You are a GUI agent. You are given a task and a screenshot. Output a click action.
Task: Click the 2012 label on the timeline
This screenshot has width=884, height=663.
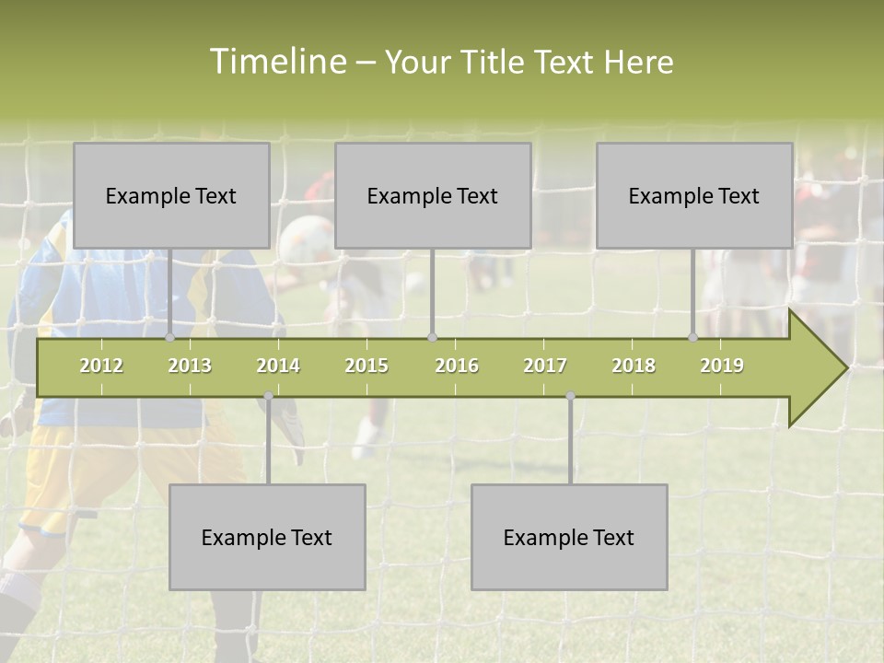coord(101,366)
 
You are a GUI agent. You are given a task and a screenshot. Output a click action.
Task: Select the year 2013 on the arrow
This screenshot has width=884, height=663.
coord(190,366)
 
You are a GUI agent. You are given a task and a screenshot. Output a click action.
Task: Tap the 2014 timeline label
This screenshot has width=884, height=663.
coord(278,366)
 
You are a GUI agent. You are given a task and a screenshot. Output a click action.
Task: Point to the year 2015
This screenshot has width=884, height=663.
coord(366,366)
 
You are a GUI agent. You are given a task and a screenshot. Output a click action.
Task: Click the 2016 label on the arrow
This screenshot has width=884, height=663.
coord(457,366)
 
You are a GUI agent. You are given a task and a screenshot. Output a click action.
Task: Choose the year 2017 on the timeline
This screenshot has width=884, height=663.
coord(545,366)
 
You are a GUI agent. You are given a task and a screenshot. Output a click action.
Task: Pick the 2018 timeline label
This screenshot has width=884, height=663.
coord(634,366)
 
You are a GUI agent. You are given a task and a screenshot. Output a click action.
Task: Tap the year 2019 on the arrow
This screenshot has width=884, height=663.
coord(722,366)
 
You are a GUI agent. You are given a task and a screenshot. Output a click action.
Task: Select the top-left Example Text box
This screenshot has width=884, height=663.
coord(171,195)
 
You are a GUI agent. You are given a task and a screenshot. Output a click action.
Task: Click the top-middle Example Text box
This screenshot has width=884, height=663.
coord(433,195)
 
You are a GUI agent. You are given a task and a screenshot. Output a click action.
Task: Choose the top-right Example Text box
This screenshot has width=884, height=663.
coord(694,195)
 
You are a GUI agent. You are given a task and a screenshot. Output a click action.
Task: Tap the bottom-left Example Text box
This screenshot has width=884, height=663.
coord(267,537)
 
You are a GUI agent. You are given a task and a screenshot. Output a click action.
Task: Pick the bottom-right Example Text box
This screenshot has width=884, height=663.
coord(569,537)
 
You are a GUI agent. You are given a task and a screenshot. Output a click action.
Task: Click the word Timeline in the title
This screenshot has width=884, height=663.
coord(277,62)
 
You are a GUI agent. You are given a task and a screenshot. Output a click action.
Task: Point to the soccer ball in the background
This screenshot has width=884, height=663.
coord(306,241)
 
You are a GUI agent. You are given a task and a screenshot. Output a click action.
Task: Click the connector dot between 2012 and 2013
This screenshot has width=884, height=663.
coord(170,338)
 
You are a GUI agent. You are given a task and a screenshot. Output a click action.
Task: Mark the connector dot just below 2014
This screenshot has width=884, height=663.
coord(268,397)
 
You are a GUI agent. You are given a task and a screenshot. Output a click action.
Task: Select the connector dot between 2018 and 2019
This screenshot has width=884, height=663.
coord(693,338)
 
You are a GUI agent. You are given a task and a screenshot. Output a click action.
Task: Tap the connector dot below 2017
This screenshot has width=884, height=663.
coord(570,397)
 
